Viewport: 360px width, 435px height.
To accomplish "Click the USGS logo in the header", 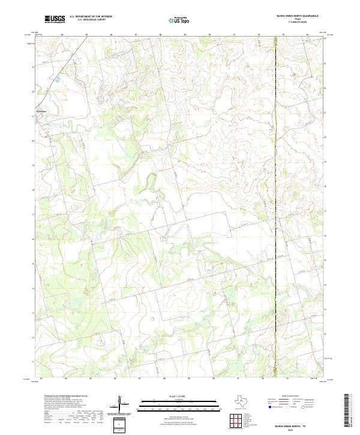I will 55,19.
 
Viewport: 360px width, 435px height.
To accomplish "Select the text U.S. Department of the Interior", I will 91,16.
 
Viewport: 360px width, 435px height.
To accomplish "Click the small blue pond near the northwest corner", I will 58,78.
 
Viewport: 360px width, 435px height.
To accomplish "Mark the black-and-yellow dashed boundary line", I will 275,180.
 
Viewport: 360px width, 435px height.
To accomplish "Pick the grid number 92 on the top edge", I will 259,35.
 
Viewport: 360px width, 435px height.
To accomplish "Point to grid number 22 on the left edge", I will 33,91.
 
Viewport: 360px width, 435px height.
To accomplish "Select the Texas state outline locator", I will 246,401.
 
